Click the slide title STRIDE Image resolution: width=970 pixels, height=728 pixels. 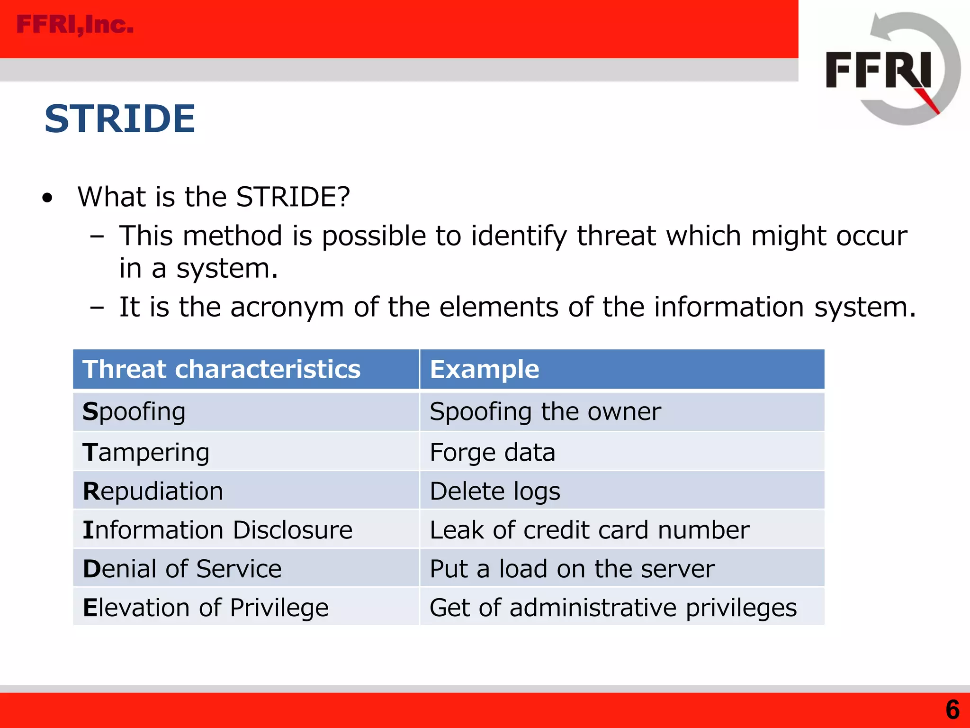click(120, 118)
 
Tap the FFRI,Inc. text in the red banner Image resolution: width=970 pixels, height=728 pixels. click(75, 25)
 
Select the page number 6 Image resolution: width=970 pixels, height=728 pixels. click(952, 710)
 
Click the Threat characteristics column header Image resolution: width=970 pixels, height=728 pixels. click(222, 369)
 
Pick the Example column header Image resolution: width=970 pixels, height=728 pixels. click(484, 369)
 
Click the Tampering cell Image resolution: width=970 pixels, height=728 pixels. click(146, 452)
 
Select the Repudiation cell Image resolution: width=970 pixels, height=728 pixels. click(153, 491)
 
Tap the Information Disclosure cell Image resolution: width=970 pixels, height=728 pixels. click(217, 530)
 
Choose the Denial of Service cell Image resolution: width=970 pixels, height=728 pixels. click(182, 569)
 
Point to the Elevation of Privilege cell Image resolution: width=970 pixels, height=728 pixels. click(206, 608)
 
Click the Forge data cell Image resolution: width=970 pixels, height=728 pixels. click(492, 452)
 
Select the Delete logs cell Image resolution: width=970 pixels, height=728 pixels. click(495, 491)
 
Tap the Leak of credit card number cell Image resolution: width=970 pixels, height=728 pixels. click(589, 530)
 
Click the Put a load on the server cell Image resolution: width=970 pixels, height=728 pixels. click(572, 569)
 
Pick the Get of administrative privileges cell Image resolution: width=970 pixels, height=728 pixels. click(613, 608)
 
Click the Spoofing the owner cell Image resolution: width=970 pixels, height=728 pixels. click(545, 411)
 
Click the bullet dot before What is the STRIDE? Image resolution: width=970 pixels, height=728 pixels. click(47, 198)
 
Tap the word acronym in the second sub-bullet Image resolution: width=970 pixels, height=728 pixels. click(287, 307)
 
